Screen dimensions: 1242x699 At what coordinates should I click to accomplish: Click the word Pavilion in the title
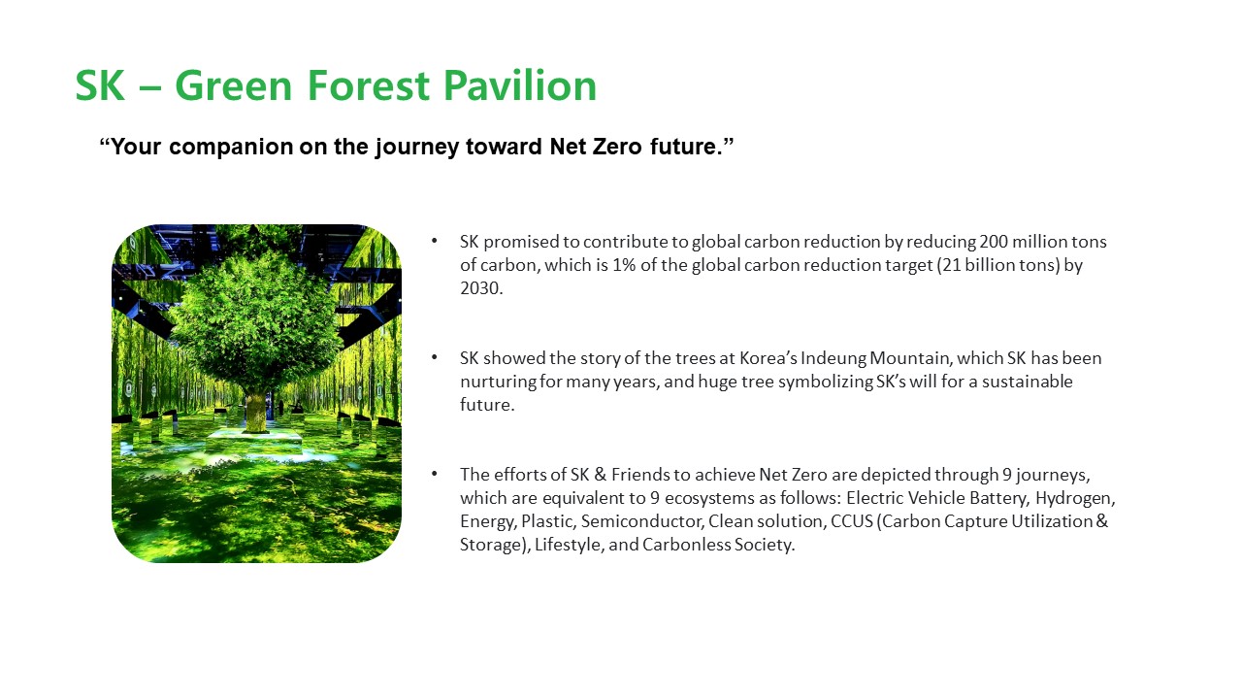520,85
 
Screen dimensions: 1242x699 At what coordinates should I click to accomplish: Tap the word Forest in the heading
368,85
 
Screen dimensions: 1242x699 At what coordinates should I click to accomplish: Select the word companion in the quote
231,147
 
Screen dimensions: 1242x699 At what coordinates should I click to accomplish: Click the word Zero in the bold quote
617,147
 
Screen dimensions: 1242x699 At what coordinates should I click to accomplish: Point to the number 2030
480,288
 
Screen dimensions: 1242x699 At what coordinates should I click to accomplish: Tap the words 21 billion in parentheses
979,265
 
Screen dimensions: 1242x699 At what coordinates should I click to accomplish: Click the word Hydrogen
1075,498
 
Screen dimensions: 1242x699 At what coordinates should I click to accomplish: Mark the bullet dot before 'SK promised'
434,241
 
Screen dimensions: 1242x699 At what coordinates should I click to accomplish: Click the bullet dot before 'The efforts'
434,474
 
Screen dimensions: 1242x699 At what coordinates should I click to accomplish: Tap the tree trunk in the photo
255,412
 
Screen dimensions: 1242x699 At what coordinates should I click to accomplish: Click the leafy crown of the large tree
256,321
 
